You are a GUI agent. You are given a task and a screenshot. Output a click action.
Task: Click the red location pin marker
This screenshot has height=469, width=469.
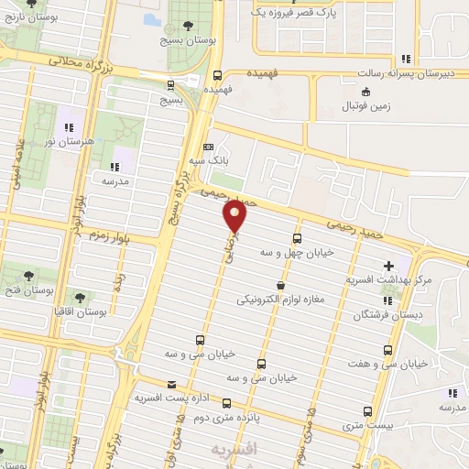235,216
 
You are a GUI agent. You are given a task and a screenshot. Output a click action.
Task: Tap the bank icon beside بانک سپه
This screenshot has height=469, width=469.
208,147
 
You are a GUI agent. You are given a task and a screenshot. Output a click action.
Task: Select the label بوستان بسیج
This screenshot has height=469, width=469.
188,40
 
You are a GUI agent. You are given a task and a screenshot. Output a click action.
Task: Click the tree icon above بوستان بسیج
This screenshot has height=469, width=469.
188,26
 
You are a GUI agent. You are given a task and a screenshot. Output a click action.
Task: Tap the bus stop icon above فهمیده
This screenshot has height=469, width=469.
217,76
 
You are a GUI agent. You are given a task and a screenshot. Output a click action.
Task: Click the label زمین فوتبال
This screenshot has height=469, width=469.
366,106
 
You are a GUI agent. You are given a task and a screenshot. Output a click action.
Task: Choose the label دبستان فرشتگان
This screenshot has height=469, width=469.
386,314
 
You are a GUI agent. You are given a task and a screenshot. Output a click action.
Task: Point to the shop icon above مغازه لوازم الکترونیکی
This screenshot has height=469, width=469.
280,285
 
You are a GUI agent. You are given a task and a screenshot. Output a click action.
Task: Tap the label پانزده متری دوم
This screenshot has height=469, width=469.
224,418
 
